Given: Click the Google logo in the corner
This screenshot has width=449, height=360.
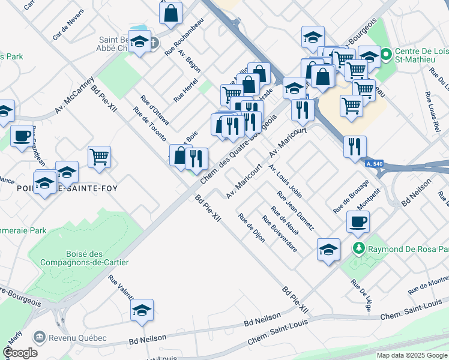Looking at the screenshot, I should coord(20,353).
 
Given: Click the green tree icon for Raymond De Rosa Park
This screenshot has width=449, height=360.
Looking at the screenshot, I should coord(359,248).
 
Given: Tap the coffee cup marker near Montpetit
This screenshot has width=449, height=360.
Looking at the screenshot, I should coord(358,221).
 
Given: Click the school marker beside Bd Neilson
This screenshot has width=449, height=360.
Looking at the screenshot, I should coord(142,310).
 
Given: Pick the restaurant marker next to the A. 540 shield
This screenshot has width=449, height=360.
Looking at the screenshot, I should coord(355,146).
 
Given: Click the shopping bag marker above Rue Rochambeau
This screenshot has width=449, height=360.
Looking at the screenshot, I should coord(171,12).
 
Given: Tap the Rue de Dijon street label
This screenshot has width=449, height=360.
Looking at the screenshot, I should coord(252,227).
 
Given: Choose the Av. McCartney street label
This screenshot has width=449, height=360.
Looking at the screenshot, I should coord(75,95).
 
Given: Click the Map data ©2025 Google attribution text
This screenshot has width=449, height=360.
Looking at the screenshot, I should coord(412,355).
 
